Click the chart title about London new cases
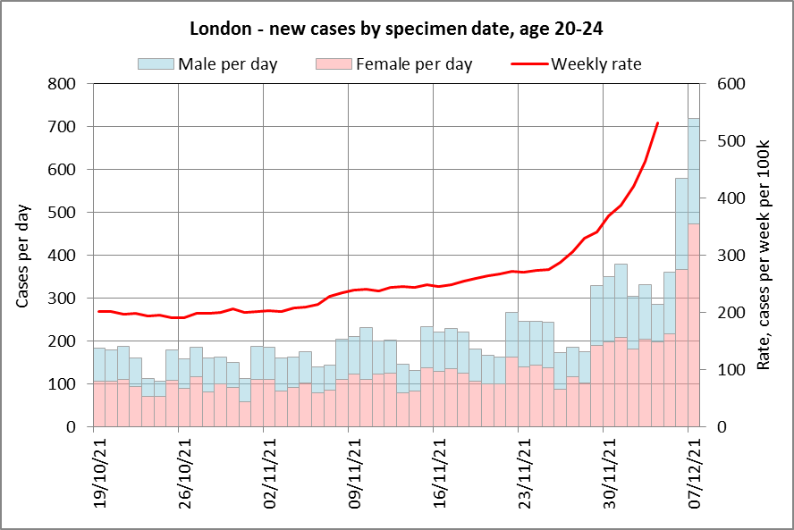click(x=396, y=29)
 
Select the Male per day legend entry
click(x=207, y=64)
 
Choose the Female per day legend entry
click(x=394, y=64)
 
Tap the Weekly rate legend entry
click(x=576, y=64)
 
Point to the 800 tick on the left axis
click(x=62, y=83)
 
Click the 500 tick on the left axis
click(x=62, y=212)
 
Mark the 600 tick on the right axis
click(x=731, y=83)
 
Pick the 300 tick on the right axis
click(x=731, y=255)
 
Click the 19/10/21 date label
click(x=100, y=473)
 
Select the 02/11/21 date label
click(x=270, y=473)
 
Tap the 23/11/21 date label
click(x=525, y=473)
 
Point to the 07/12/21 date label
click(x=694, y=473)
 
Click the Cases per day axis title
click(x=22, y=256)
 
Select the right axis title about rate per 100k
click(x=763, y=255)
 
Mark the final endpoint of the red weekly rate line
click(x=657, y=122)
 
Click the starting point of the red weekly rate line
click(x=98, y=311)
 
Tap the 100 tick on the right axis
click(x=731, y=369)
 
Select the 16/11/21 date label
click(x=440, y=473)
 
